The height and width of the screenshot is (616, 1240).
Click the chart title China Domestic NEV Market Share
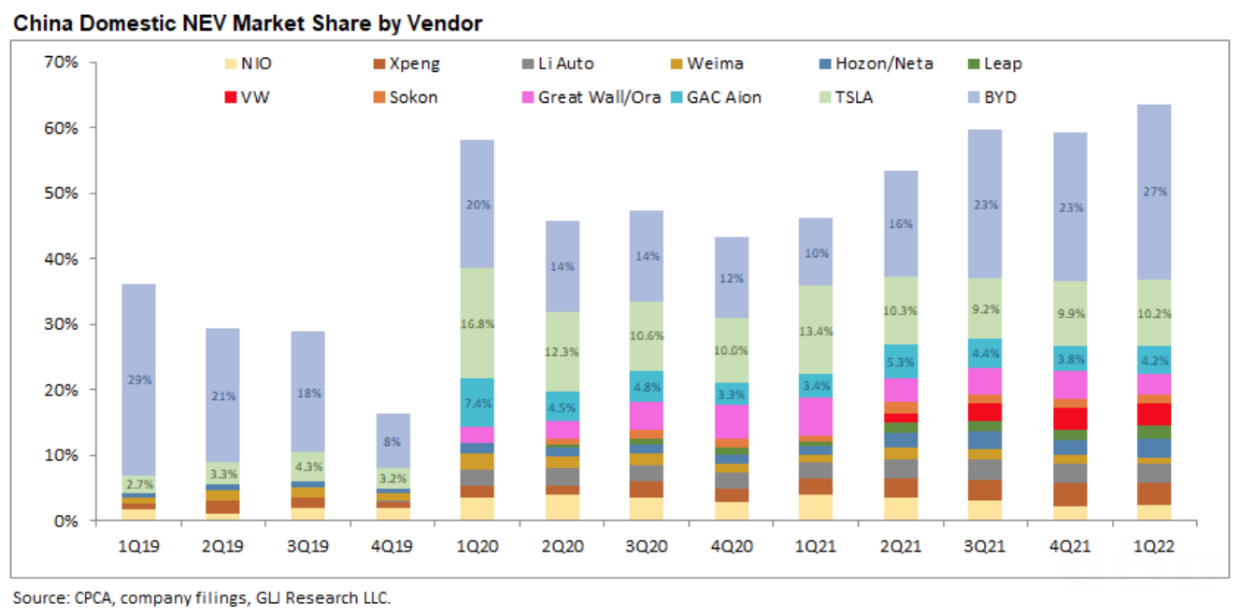[247, 23]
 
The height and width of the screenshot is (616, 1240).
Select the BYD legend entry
[998, 96]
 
